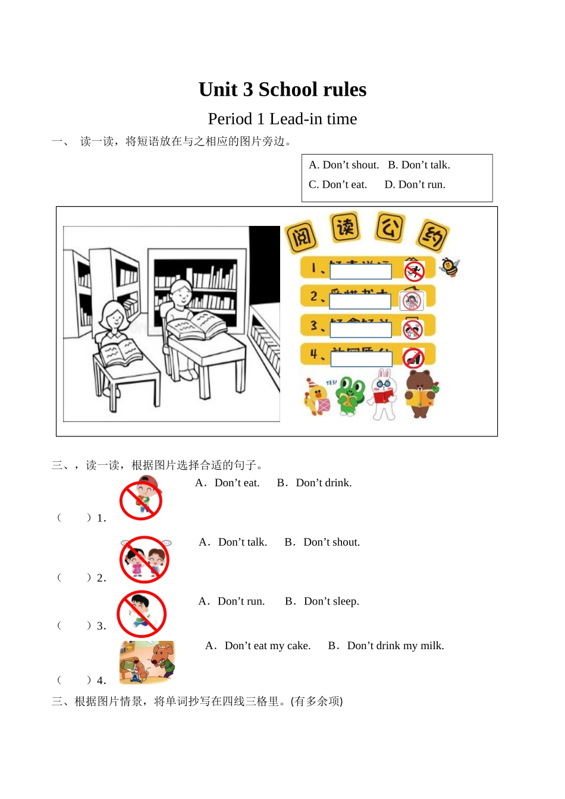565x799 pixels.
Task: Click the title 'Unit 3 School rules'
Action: (282, 90)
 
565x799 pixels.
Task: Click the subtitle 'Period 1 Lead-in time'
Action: (282, 119)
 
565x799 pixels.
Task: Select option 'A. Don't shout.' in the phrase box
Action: (344, 165)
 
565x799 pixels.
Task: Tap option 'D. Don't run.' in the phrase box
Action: (415, 185)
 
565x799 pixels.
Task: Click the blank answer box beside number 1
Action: (360, 272)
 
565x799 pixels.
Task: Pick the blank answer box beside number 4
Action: (361, 359)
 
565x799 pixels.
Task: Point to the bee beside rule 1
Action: (450, 268)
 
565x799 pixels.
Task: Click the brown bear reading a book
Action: (420, 394)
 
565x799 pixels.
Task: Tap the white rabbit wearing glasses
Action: (384, 394)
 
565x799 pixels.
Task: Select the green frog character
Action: (350, 395)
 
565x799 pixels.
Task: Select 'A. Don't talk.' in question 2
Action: (233, 542)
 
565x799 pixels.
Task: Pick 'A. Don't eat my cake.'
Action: (258, 646)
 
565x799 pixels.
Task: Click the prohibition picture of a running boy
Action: (142, 614)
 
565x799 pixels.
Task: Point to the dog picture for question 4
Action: (147, 662)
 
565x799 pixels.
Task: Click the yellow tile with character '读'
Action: (345, 227)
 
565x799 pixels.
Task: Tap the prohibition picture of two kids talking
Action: (145, 559)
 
